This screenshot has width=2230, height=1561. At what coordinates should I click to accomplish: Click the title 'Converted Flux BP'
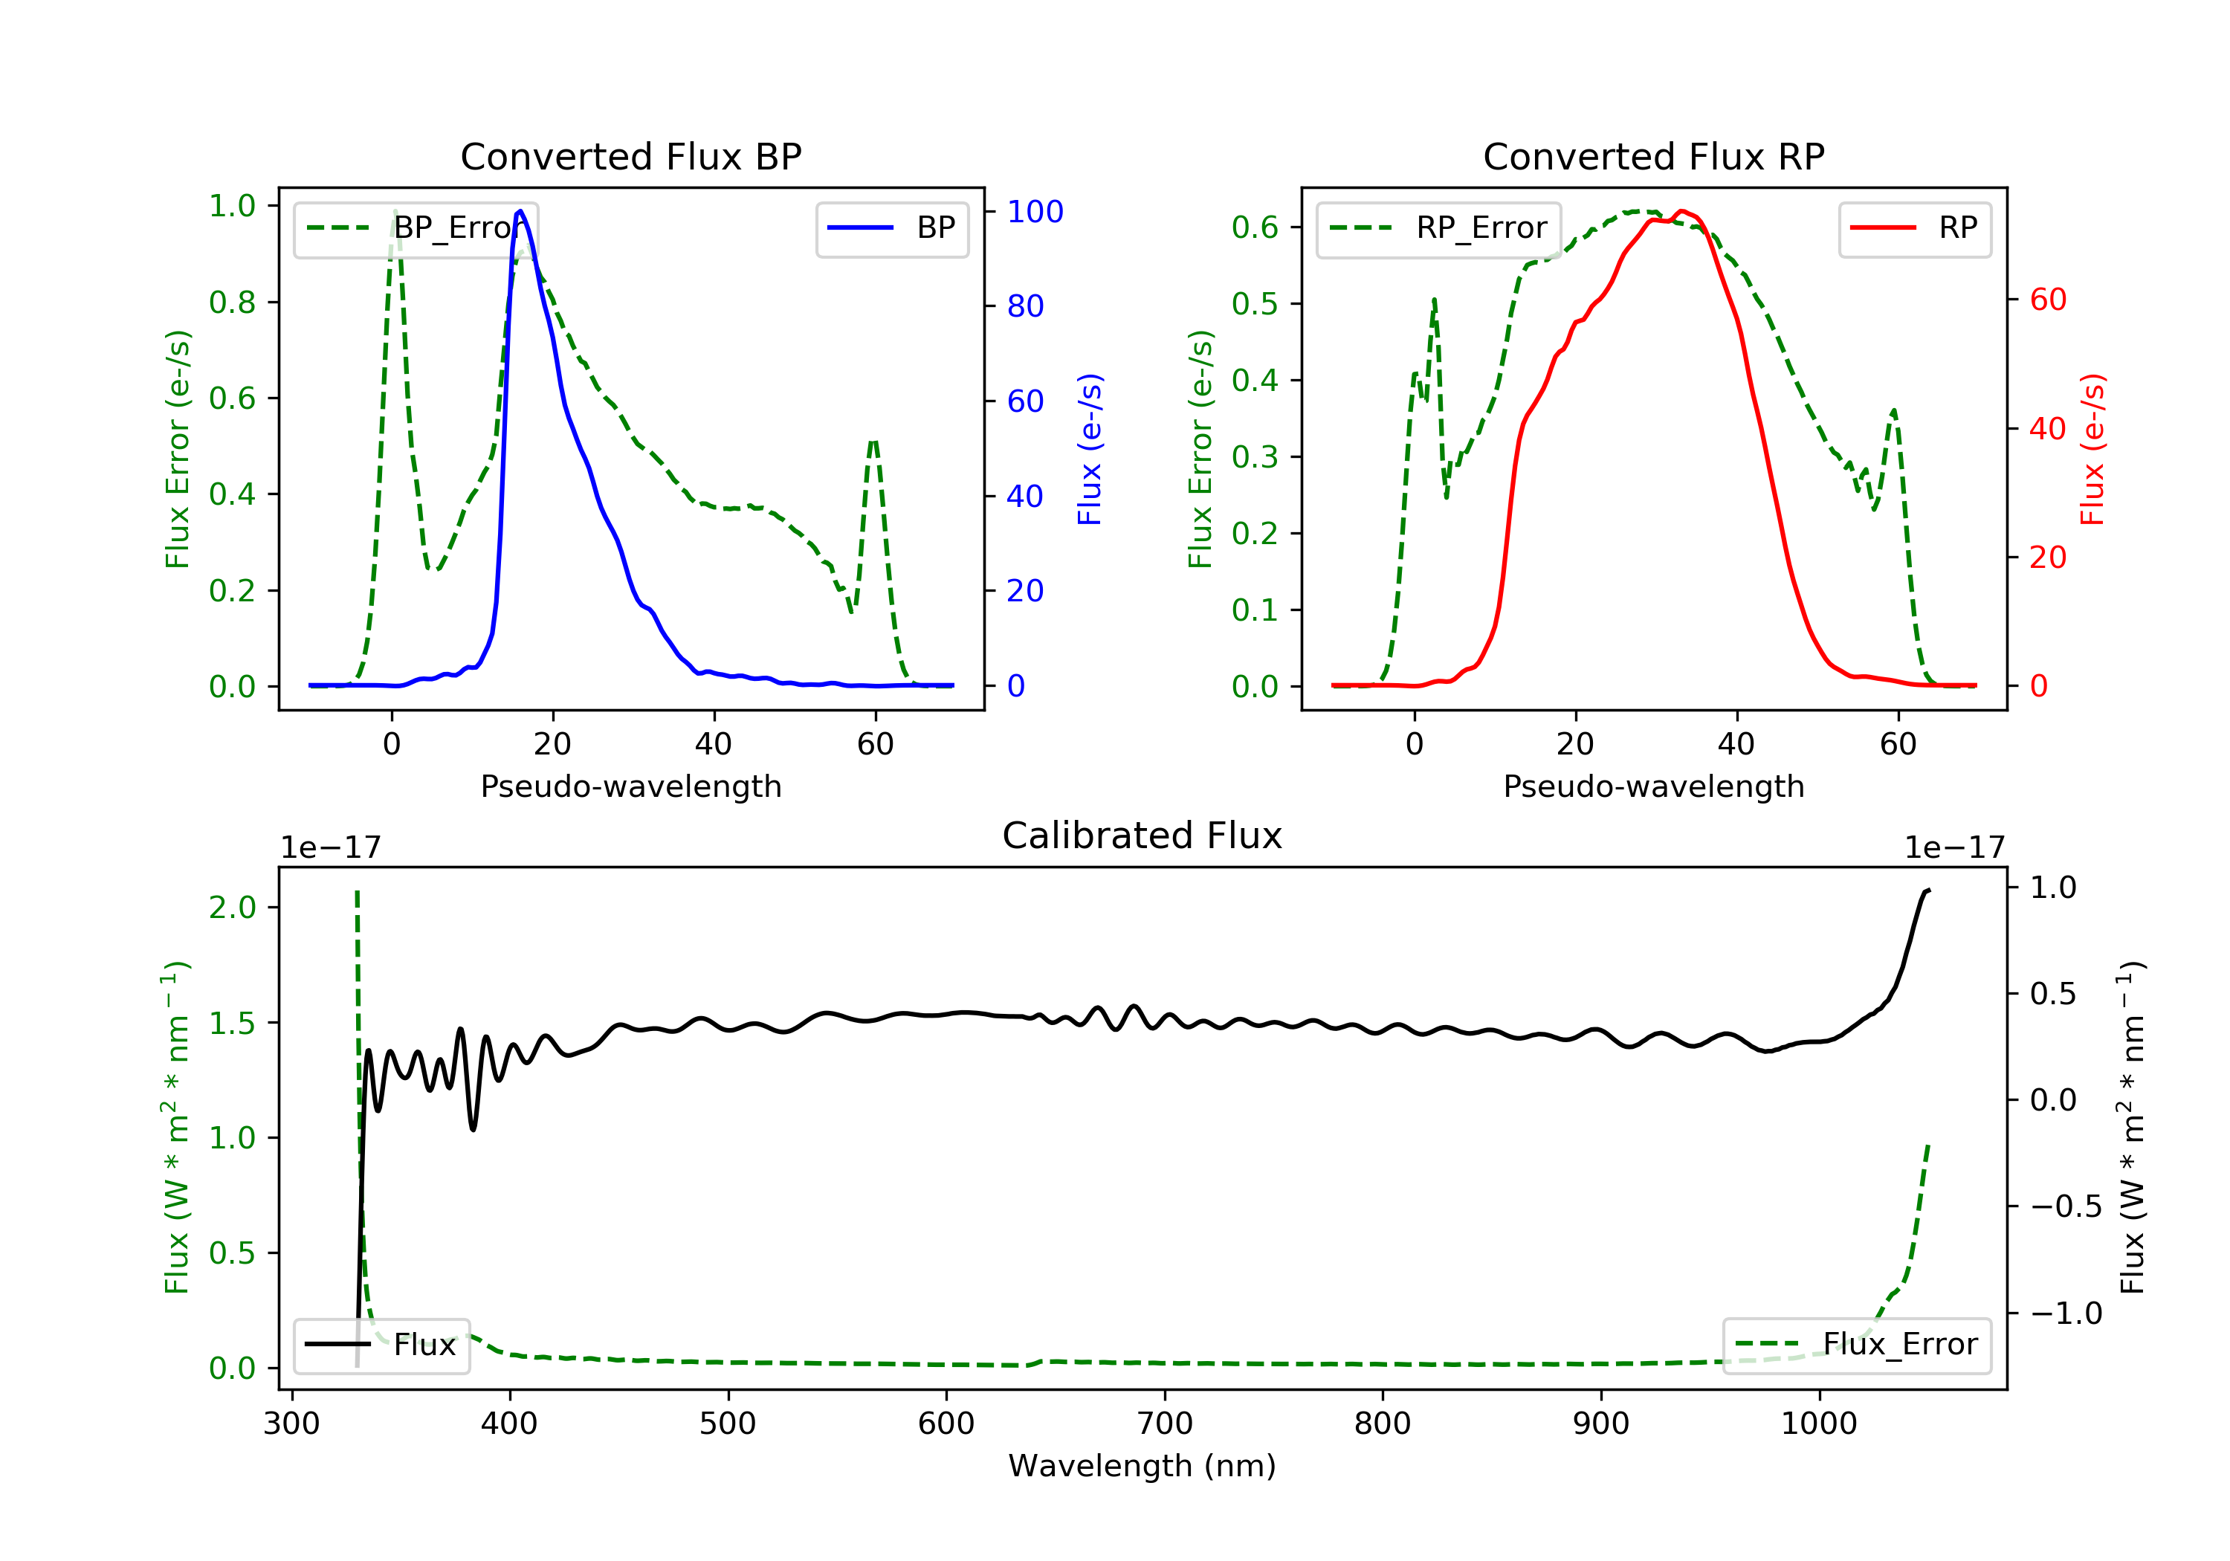coord(630,156)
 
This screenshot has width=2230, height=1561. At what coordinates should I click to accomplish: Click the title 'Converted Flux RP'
coord(1653,156)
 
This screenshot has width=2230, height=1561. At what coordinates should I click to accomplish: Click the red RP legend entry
coord(1914,228)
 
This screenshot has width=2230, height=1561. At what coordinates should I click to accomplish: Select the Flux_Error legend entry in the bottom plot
coord(1857,1345)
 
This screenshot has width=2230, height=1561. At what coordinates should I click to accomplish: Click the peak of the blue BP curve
coord(520,212)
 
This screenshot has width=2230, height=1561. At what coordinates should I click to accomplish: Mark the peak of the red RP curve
coord(1681,211)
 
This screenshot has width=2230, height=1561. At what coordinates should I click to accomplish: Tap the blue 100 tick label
coord(1035,212)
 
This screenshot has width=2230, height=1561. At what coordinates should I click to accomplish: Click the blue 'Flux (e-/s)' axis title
coord(1090,449)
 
